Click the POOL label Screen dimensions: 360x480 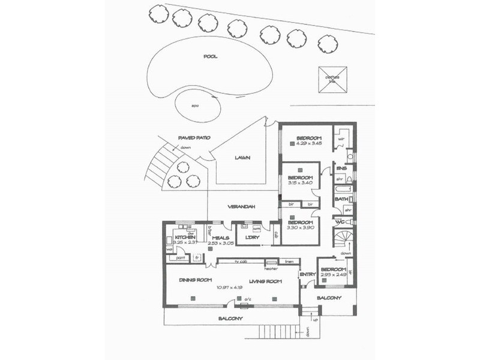210,57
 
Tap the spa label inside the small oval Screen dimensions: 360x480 195,106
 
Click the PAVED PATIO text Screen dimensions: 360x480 194,138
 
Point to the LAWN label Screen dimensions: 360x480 242,158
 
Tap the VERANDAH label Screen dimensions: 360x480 242,206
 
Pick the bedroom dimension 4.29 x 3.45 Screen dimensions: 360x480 310,144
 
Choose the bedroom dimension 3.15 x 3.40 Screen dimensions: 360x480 301,184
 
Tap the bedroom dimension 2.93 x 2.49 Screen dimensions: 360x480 333,275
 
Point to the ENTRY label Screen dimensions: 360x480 307,275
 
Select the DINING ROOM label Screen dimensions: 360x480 197,280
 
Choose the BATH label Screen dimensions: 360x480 341,199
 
